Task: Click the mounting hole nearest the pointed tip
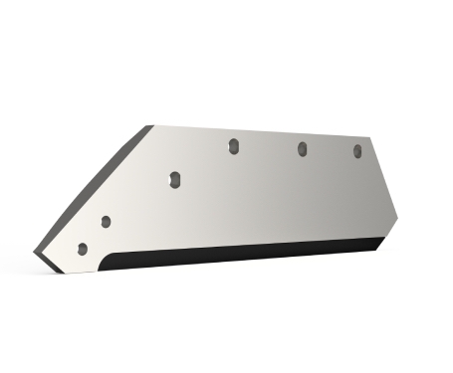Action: [83, 248]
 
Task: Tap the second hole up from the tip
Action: [106, 221]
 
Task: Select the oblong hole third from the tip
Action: [173, 179]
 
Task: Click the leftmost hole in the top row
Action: [232, 146]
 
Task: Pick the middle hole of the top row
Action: [302, 149]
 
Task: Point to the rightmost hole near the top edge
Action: [357, 151]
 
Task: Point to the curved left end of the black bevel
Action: [109, 261]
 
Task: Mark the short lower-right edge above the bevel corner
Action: [390, 228]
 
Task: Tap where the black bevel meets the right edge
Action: [384, 239]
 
